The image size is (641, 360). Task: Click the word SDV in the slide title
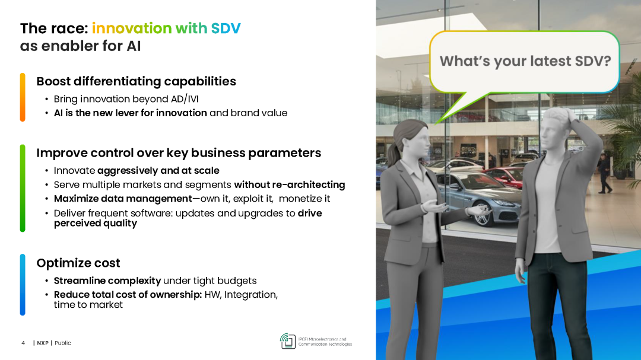(226, 28)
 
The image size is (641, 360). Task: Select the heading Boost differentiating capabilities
(136, 81)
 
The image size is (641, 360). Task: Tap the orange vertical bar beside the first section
(23, 97)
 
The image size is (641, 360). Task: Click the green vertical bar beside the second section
(23, 188)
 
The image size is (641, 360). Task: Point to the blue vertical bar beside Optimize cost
(23, 285)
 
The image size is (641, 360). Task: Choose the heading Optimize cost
(78, 263)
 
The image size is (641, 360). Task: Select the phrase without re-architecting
(290, 184)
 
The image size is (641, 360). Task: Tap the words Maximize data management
(123, 199)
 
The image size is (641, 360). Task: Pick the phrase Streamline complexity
(107, 281)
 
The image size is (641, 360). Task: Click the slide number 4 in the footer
(23, 343)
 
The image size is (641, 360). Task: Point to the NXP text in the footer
(43, 343)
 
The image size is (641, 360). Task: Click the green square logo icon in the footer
(288, 341)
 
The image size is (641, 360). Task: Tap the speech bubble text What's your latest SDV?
(525, 61)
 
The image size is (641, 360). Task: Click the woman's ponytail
(394, 152)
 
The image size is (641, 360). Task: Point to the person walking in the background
(604, 173)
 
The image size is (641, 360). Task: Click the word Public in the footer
(63, 343)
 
